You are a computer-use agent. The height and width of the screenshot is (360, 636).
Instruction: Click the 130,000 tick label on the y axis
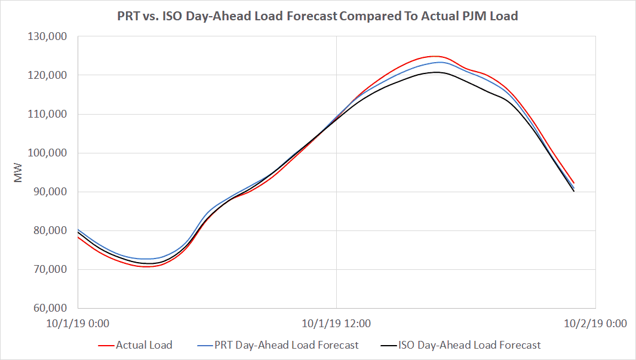pos(48,36)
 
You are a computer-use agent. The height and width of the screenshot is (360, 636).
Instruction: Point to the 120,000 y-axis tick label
pos(48,75)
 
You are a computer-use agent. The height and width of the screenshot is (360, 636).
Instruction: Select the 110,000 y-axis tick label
pos(48,114)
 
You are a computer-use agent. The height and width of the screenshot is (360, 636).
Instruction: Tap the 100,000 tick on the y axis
pos(48,153)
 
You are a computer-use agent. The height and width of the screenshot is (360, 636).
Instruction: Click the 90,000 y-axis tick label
pos(50,192)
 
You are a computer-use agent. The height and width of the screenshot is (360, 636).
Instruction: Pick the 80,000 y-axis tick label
pos(50,230)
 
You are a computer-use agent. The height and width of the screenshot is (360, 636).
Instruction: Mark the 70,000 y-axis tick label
pos(50,269)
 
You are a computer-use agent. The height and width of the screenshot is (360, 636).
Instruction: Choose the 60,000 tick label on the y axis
pos(50,308)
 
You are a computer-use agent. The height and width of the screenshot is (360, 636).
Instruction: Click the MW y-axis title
pos(19,172)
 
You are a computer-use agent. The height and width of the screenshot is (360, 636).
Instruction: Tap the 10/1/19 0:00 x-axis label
pos(78,324)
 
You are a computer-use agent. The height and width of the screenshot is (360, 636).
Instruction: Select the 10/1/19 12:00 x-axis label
pos(336,324)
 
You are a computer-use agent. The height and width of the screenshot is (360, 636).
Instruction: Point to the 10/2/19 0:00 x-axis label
pos(595,324)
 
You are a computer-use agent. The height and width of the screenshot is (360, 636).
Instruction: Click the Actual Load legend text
pos(144,345)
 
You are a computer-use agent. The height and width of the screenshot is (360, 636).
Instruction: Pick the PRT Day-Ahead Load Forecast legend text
pos(287,345)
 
